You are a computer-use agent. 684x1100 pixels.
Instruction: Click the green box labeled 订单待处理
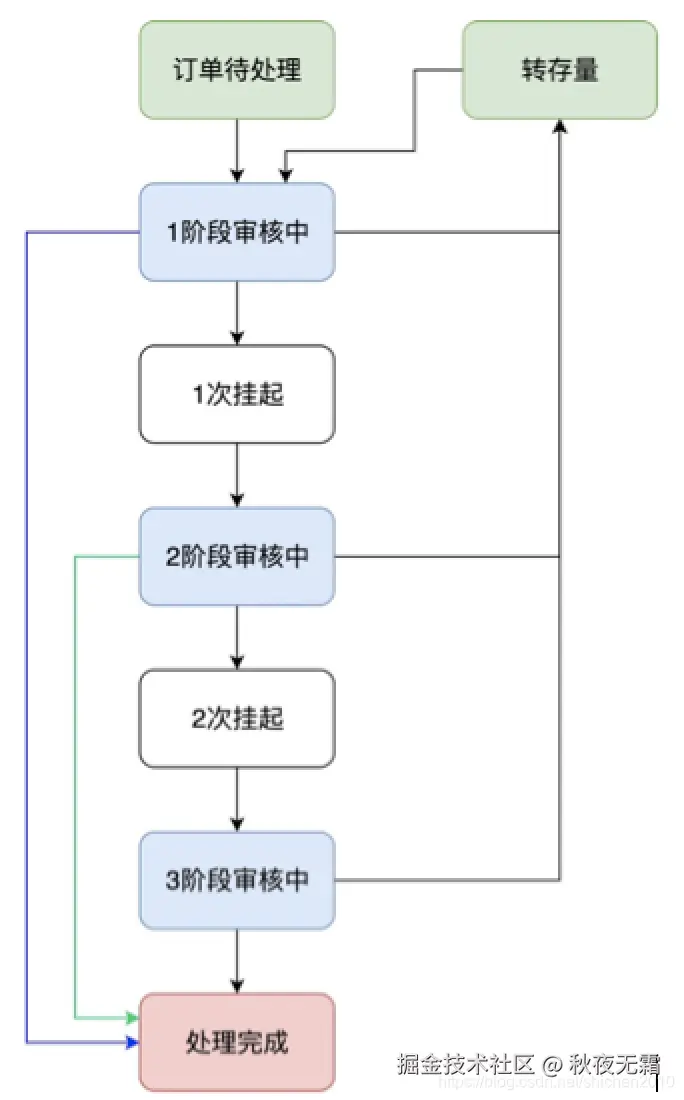(x=237, y=70)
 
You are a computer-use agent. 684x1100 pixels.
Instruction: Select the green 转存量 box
(x=559, y=70)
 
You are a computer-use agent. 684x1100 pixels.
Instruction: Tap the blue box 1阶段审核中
(x=237, y=232)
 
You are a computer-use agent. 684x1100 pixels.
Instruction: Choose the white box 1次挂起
(x=237, y=394)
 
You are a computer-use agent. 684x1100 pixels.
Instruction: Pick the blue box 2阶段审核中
(x=237, y=556)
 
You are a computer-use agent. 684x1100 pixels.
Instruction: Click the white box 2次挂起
(x=237, y=718)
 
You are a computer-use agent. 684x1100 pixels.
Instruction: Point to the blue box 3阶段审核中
(x=237, y=880)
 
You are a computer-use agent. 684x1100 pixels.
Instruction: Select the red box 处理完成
(x=237, y=1042)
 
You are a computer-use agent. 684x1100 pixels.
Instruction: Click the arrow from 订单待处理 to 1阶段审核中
(x=237, y=150)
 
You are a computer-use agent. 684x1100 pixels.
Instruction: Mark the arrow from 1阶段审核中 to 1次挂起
(x=237, y=312)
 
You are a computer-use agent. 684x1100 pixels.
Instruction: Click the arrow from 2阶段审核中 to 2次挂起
(x=237, y=636)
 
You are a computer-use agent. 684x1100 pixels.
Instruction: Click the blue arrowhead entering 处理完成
(x=132, y=1043)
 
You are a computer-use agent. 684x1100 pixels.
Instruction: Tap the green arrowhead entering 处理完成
(x=132, y=1018)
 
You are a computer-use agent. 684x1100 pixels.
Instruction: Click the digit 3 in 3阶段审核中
(x=171, y=881)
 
